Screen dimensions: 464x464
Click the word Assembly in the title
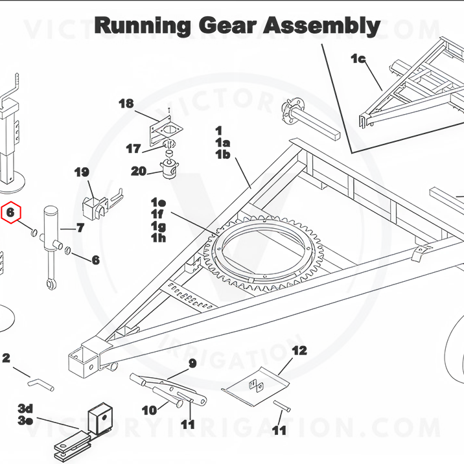(x=321, y=26)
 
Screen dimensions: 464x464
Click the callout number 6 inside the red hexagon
(x=10, y=212)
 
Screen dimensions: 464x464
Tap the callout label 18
(x=126, y=104)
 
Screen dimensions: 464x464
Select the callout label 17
(x=133, y=148)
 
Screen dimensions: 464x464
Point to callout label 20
(x=139, y=171)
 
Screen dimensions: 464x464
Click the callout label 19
(x=82, y=172)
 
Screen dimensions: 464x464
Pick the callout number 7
(x=80, y=228)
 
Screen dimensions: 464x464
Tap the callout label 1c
(x=358, y=58)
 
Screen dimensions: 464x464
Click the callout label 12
(x=299, y=351)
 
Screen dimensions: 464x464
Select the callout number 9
(x=192, y=363)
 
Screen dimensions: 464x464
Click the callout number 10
(x=150, y=410)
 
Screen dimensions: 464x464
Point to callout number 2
(x=6, y=358)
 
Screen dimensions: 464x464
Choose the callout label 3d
(x=25, y=409)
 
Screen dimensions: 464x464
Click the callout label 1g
(x=158, y=226)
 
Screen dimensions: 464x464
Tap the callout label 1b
(x=223, y=154)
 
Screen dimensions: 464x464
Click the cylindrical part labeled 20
(x=169, y=170)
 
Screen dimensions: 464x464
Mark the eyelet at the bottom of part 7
(x=51, y=284)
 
